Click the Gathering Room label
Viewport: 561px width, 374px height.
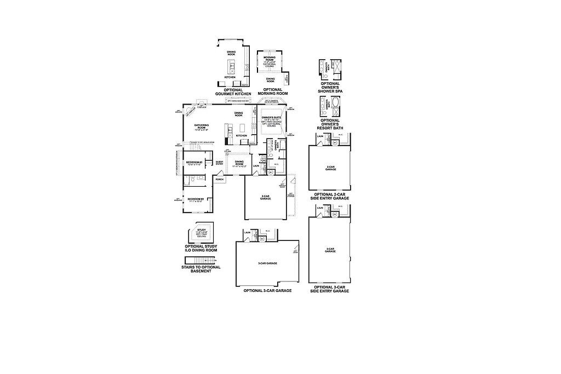(x=202, y=127)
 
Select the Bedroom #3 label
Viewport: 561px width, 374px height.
(x=194, y=163)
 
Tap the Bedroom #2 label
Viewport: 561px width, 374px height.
(x=196, y=200)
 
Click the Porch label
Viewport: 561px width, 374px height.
(x=219, y=180)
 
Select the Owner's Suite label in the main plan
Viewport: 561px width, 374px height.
(x=272, y=118)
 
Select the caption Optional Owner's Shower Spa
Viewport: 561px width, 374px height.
(x=330, y=88)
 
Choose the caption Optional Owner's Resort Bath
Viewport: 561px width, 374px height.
(x=330, y=123)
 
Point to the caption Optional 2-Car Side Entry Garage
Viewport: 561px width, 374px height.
(x=330, y=197)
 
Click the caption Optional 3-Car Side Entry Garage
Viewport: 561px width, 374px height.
(x=330, y=289)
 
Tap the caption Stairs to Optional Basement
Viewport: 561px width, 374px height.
(x=201, y=269)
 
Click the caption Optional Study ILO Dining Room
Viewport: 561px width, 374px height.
(x=201, y=249)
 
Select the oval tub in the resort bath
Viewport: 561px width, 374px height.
(x=335, y=105)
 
